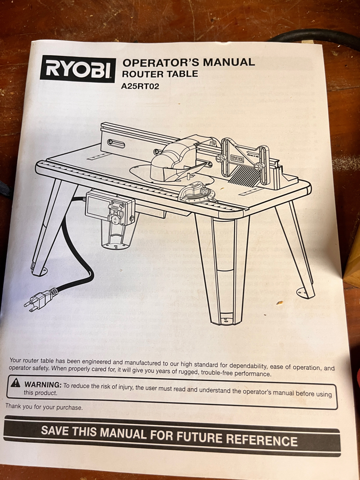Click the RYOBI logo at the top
coord(78,69)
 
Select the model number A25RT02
coord(140,86)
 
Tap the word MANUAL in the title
coord(229,62)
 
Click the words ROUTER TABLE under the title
coord(160,74)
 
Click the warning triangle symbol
coord(15,383)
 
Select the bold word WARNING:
coord(43,384)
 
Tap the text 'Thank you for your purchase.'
coord(44,407)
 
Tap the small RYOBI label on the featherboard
coord(237,159)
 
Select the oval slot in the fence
coord(116,144)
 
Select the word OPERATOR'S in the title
coord(161,63)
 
